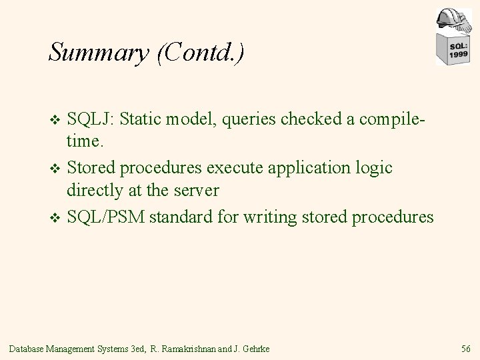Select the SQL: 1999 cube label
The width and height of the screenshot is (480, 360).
pos(457,50)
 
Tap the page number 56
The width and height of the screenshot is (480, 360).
pos(465,347)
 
